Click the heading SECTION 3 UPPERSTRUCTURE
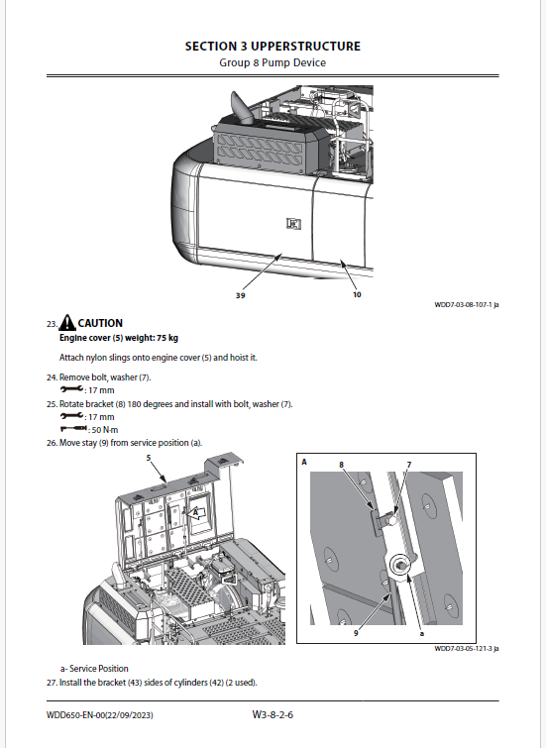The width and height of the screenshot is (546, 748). pyautogui.click(x=273, y=47)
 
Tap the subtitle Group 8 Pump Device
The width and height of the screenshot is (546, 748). pyautogui.click(x=273, y=63)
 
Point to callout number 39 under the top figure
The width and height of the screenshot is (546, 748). pyautogui.click(x=241, y=296)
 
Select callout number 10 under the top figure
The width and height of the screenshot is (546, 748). pyautogui.click(x=357, y=295)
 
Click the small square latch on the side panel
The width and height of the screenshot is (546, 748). pyautogui.click(x=293, y=223)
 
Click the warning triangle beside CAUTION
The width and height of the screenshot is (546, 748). pyautogui.click(x=67, y=322)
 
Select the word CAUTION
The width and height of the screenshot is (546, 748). pyautogui.click(x=100, y=323)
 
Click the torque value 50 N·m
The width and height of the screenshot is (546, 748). pyautogui.click(x=104, y=430)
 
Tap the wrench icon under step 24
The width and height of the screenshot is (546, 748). pyautogui.click(x=71, y=389)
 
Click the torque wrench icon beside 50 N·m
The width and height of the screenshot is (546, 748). pyautogui.click(x=73, y=428)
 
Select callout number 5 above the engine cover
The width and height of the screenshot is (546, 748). pyautogui.click(x=149, y=458)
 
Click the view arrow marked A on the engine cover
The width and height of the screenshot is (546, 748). pyautogui.click(x=196, y=513)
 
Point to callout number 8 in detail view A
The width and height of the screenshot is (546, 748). pyautogui.click(x=341, y=465)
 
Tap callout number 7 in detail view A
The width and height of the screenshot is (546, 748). pyautogui.click(x=409, y=465)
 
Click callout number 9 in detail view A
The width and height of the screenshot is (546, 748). pyautogui.click(x=356, y=633)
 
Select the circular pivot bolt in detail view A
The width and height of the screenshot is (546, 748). pyautogui.click(x=400, y=566)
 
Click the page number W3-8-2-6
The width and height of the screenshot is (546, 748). pyautogui.click(x=273, y=714)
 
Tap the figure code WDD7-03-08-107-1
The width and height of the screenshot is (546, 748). pyautogui.click(x=463, y=305)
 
